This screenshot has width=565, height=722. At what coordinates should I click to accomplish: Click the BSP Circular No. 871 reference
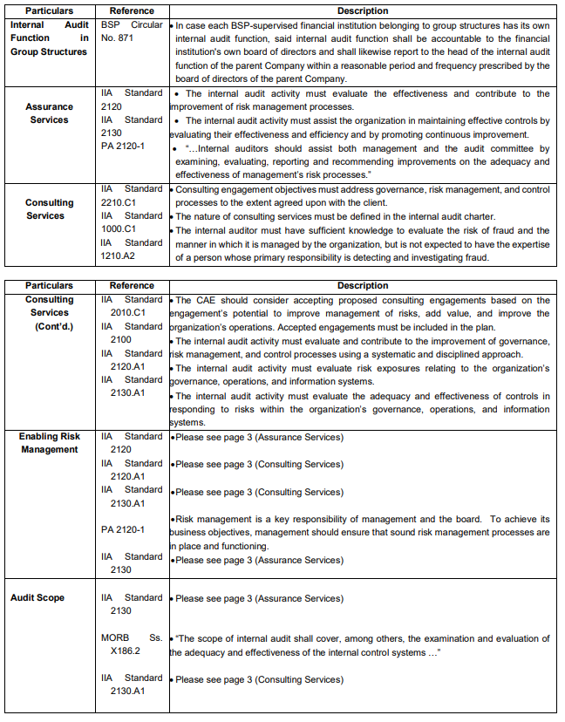click(x=132, y=32)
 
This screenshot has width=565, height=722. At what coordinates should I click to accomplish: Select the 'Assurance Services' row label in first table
click(x=49, y=113)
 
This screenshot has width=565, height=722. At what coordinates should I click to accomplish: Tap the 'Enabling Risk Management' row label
click(x=49, y=443)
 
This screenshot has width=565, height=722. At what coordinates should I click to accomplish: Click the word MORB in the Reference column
click(x=115, y=638)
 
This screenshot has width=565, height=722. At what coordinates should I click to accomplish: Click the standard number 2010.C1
click(x=128, y=313)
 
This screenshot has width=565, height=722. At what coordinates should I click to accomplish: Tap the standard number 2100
click(x=121, y=340)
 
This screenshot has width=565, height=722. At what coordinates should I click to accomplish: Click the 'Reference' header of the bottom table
click(x=132, y=286)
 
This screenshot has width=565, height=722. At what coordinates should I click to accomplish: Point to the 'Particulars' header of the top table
click(x=49, y=11)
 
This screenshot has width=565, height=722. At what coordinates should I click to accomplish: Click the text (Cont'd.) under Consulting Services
click(x=49, y=326)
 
